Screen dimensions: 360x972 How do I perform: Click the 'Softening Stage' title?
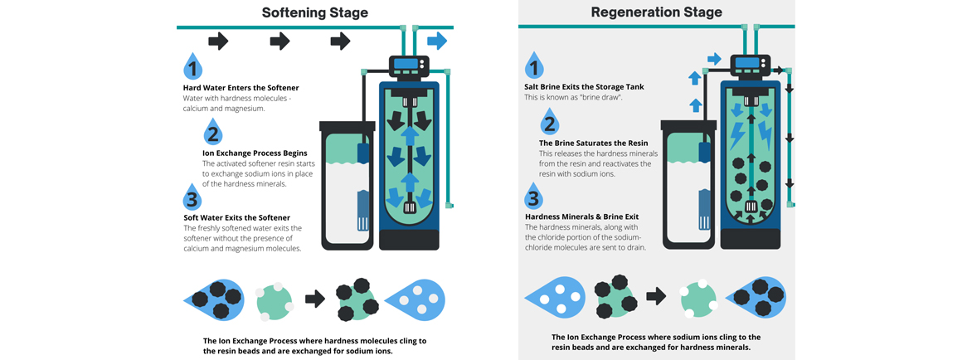[x=314, y=12]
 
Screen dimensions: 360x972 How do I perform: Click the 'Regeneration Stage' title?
[x=656, y=12]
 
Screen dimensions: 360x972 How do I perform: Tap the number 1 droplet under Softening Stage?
[x=193, y=67]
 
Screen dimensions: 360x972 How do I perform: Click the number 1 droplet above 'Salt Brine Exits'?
[x=535, y=66]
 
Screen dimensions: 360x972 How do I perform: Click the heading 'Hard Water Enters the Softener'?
[x=241, y=88]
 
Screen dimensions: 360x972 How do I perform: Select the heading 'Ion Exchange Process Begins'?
[x=255, y=153]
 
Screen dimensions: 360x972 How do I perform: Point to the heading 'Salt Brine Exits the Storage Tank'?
[x=584, y=87]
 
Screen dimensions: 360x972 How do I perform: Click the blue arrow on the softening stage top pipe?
[x=437, y=41]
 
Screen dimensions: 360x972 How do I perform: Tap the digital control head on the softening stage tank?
[x=408, y=65]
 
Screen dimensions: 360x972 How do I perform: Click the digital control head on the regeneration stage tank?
[x=750, y=63]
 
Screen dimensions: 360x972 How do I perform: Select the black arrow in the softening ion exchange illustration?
[x=315, y=299]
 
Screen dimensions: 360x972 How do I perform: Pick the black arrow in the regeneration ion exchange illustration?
[x=657, y=295]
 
